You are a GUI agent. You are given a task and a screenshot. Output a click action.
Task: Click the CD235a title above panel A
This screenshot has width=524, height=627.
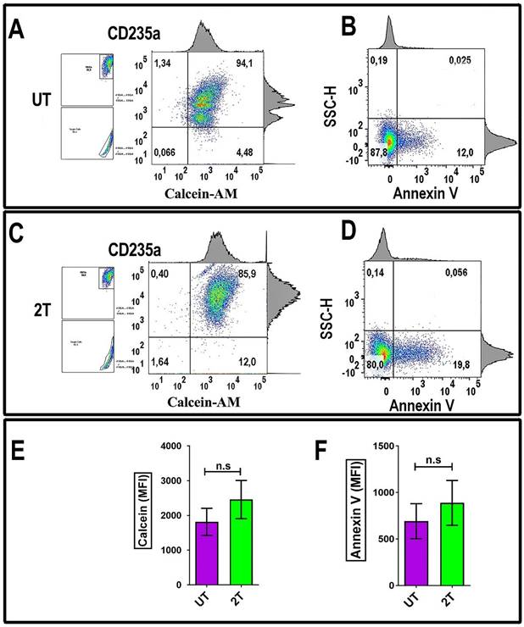click(134, 33)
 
